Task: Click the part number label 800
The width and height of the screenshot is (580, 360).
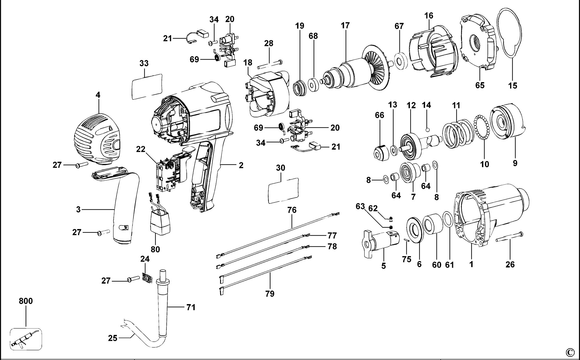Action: pos(26,301)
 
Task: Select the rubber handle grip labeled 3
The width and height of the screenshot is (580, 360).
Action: pos(125,209)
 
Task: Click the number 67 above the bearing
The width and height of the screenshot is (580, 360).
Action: pos(399,26)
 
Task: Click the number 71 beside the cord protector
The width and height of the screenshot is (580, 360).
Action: pos(191,307)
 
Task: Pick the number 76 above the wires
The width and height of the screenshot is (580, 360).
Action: pos(292,210)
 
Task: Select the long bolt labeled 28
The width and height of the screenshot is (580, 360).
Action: pos(270,64)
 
